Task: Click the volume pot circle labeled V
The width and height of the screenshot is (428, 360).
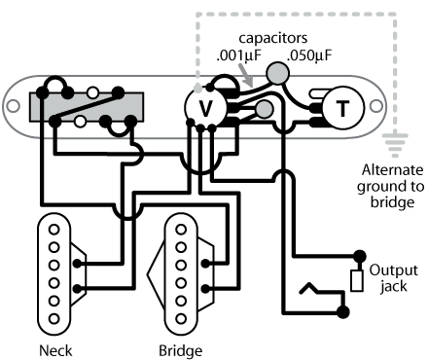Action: click(x=204, y=107)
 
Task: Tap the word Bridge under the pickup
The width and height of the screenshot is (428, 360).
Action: click(x=179, y=349)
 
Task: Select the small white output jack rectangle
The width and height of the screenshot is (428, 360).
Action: click(x=357, y=280)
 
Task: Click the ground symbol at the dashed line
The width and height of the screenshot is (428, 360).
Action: click(x=394, y=143)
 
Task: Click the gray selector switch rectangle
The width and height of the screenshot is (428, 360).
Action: click(x=88, y=107)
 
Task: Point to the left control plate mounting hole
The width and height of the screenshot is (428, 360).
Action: click(x=18, y=101)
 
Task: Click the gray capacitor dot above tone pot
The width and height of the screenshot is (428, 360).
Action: click(x=278, y=72)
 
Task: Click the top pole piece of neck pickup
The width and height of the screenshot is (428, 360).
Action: click(x=53, y=230)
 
